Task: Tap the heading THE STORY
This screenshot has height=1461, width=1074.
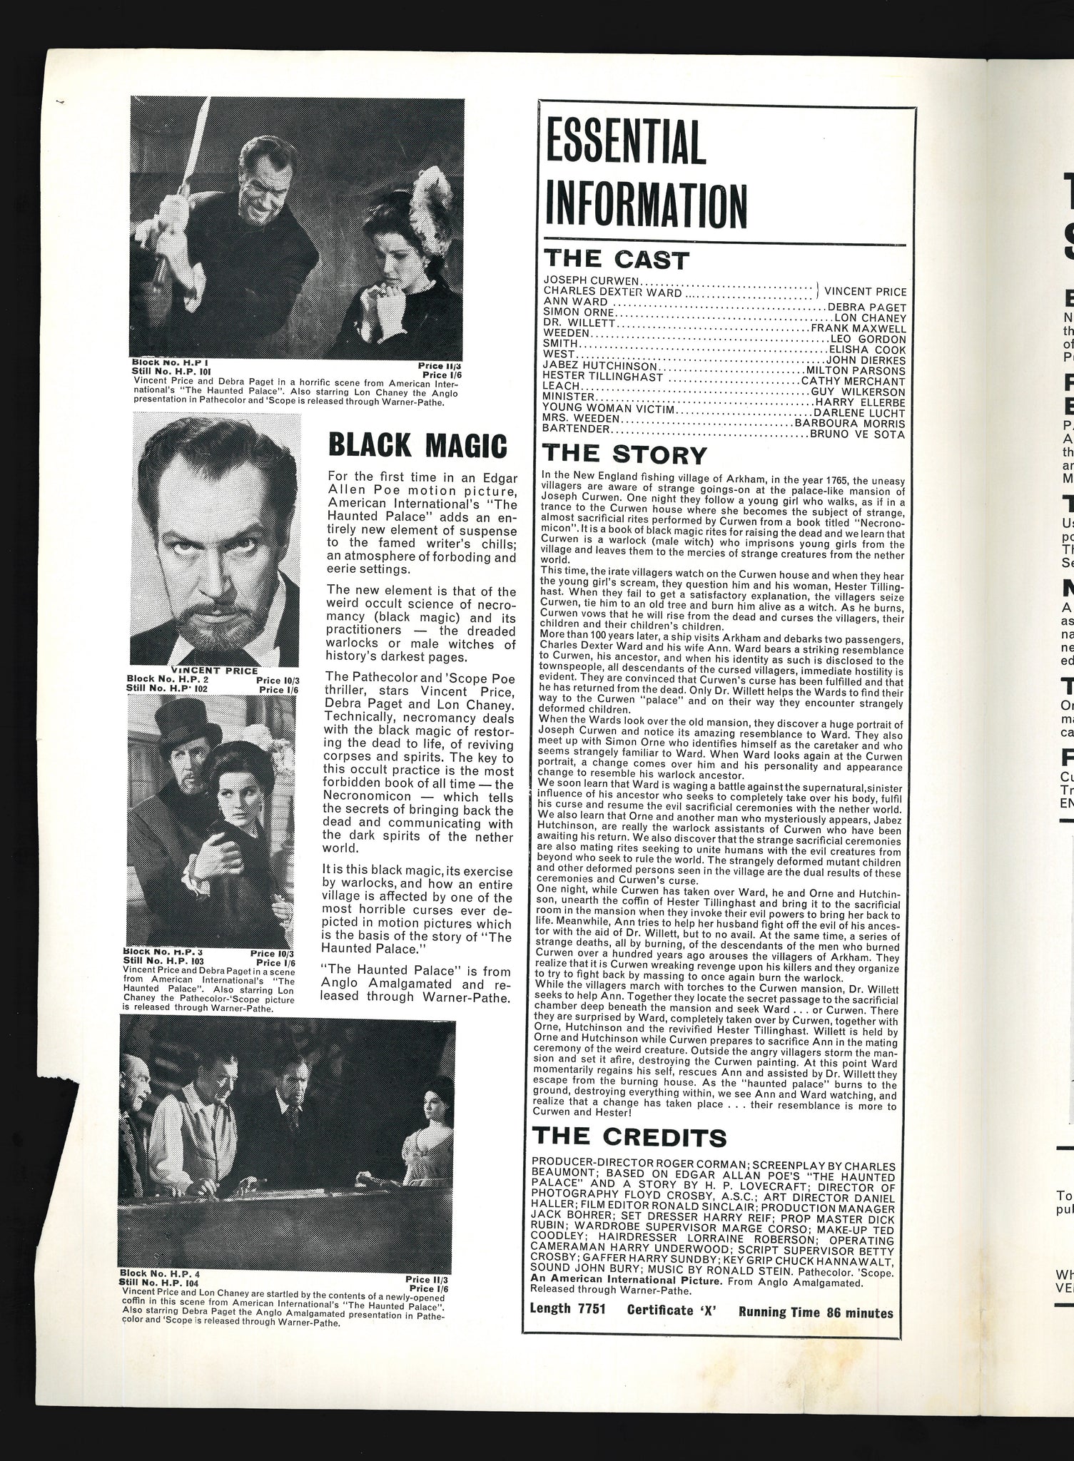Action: click(x=624, y=454)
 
